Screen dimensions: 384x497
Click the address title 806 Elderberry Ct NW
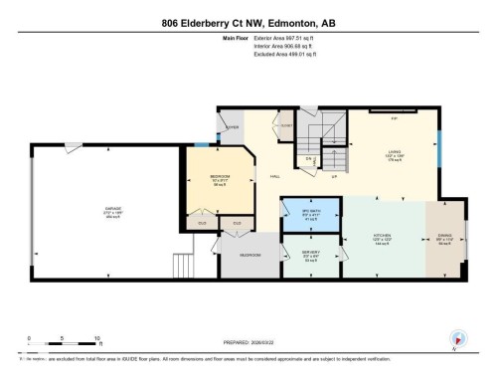(248, 23)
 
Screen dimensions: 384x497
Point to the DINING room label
(444, 238)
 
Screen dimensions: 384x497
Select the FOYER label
(233, 127)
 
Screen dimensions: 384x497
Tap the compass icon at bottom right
(458, 338)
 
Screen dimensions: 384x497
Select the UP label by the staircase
(334, 176)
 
